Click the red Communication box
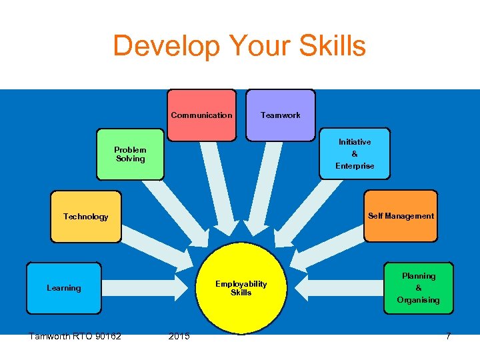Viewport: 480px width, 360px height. (x=201, y=115)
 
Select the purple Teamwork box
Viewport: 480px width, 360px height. (x=280, y=115)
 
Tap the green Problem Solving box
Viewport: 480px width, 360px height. (x=130, y=154)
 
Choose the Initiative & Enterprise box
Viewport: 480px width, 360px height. (x=355, y=154)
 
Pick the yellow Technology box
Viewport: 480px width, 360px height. (x=86, y=217)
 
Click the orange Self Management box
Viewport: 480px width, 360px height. (x=401, y=216)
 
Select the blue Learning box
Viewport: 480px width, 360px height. (x=64, y=288)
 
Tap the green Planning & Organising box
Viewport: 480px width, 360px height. (x=418, y=288)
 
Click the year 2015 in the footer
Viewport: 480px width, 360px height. (x=179, y=336)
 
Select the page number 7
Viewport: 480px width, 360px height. (x=448, y=336)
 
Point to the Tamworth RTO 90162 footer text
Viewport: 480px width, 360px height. (x=75, y=336)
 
